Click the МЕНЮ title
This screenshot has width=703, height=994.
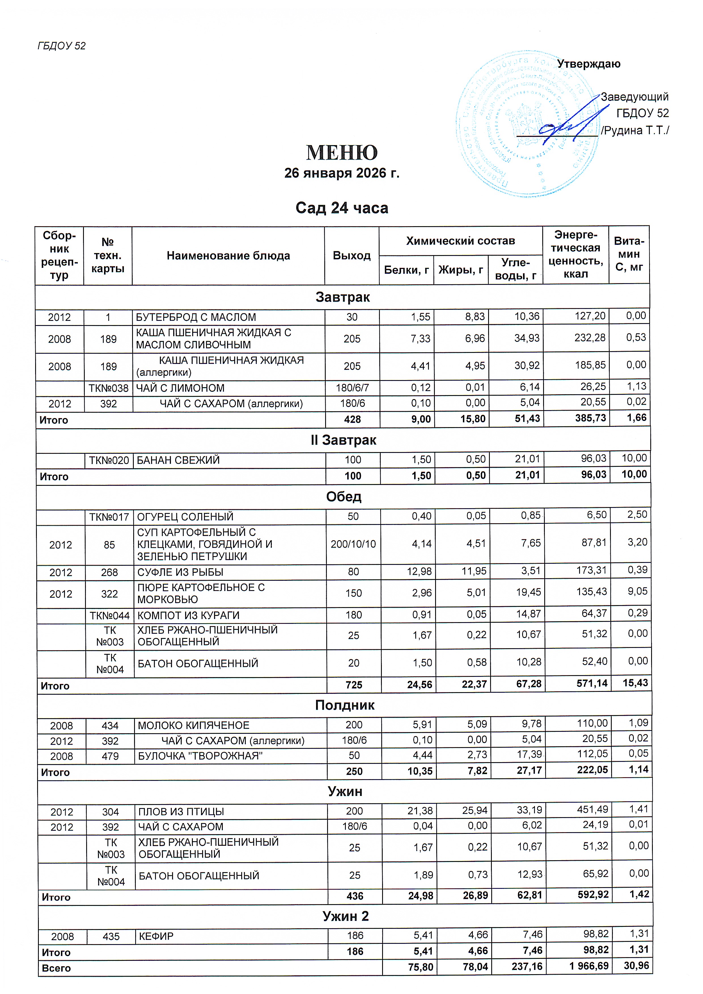click(342, 152)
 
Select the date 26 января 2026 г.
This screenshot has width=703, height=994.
click(342, 173)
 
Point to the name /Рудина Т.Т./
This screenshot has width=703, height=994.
click(635, 131)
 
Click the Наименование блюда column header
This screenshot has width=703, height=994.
click(228, 256)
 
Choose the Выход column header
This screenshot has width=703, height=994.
click(351, 256)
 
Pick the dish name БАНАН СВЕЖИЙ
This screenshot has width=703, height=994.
click(178, 460)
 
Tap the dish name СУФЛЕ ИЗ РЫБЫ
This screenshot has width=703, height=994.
click(180, 572)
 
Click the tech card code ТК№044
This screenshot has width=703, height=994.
click(109, 615)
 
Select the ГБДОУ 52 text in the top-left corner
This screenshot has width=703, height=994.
click(62, 46)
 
